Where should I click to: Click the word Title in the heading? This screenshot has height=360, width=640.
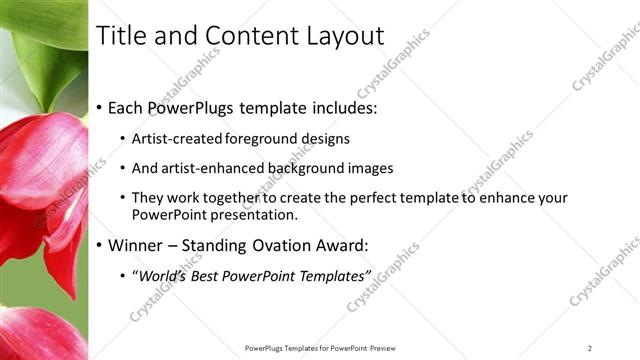118,37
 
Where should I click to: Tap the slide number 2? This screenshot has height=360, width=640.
590,348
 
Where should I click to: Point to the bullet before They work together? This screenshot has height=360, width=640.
122,198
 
